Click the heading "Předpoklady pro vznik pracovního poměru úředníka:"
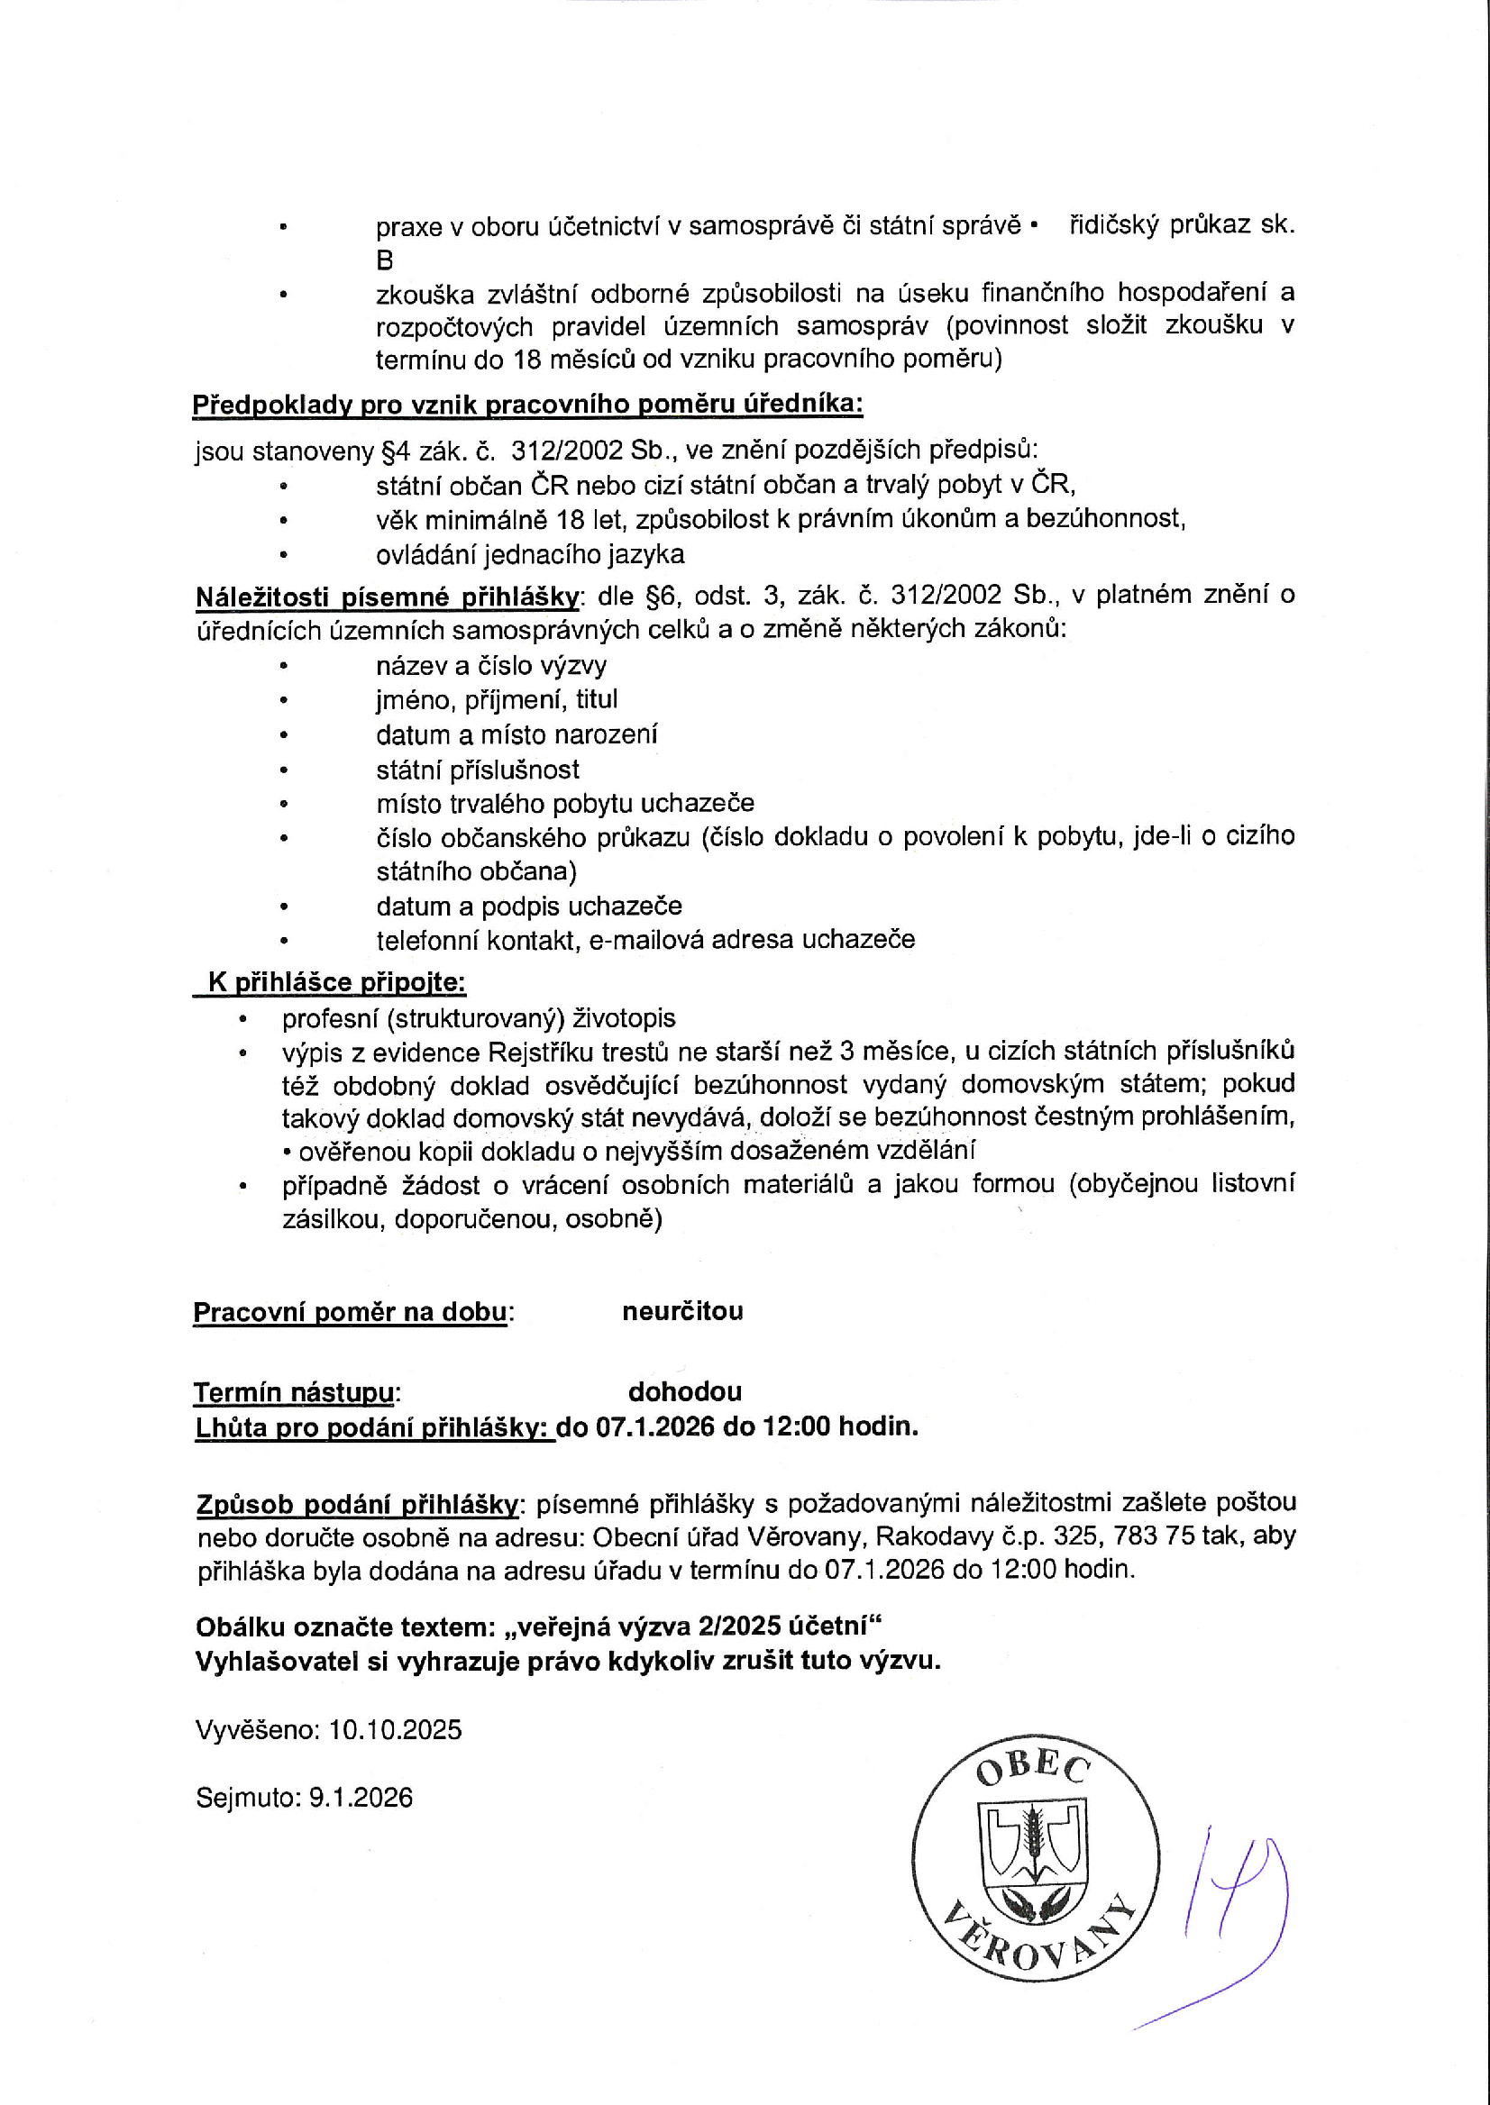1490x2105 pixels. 526,405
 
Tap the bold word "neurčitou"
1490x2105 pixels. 681,1311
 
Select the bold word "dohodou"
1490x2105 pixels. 684,1391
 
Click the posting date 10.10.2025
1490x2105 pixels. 395,1730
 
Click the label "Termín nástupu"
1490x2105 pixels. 294,1392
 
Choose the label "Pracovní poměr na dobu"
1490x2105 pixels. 350,1312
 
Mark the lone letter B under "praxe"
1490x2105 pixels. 384,260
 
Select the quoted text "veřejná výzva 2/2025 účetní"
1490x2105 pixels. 691,1627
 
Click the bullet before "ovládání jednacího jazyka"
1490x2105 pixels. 284,555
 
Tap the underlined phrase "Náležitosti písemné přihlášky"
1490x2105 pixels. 388,597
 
